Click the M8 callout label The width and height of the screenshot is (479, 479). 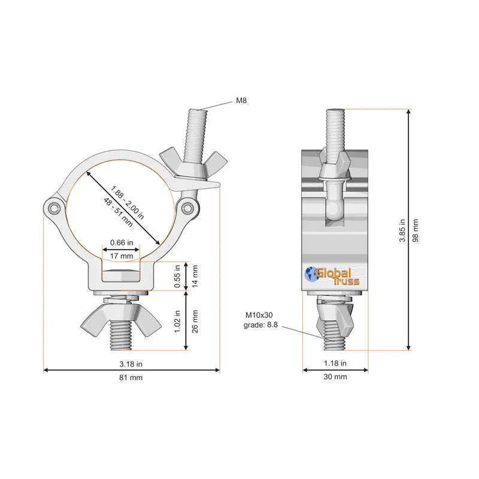tap(241, 101)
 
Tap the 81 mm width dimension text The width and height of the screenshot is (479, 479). tap(131, 378)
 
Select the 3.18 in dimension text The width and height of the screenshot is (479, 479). tap(131, 364)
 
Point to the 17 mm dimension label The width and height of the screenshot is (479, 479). tap(122, 256)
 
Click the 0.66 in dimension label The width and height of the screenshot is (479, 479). tap(122, 242)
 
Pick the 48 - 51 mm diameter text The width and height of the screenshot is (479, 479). tap(118, 213)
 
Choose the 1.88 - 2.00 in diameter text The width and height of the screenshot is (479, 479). tap(127, 202)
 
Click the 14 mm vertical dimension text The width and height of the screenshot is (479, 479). tap(195, 276)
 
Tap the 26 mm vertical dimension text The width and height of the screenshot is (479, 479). tap(195, 322)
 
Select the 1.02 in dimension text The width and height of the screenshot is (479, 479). tap(177, 322)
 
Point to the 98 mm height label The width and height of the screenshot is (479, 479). tap(416, 231)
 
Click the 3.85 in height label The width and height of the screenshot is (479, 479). tap(402, 231)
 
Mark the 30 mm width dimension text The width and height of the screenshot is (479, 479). tap(335, 377)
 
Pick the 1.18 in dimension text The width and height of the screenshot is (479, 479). tap(335, 363)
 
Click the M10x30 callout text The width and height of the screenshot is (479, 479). tap(259, 315)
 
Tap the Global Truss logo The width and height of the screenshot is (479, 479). tap(332, 276)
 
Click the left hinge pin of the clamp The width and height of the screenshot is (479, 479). tap(54, 208)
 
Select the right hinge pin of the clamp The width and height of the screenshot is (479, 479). tap(187, 208)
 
